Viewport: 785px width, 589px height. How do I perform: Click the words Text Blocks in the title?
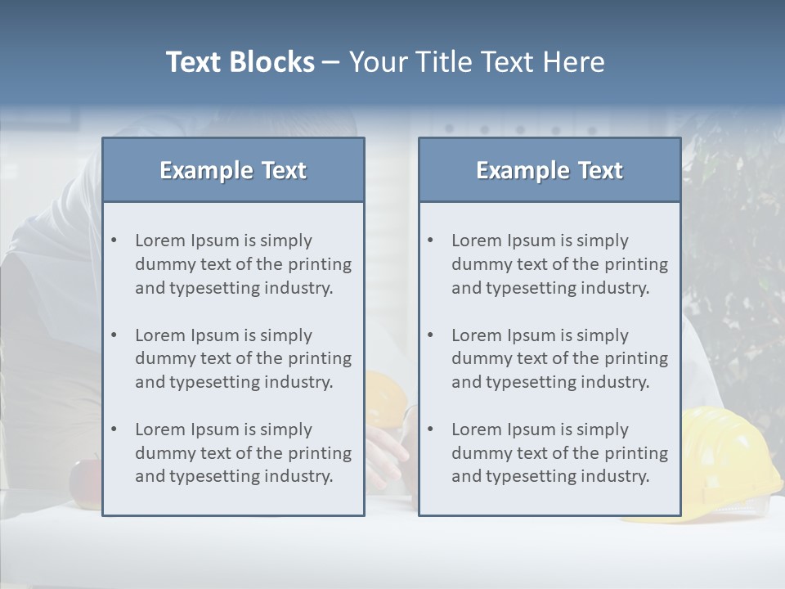(240, 62)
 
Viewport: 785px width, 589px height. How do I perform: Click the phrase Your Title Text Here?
(477, 62)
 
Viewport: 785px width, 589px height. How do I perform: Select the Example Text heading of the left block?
(233, 170)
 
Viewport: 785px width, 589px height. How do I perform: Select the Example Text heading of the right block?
(549, 170)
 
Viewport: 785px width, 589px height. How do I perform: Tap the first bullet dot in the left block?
(114, 241)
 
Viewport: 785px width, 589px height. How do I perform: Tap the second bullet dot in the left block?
(114, 335)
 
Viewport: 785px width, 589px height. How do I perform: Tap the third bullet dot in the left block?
(114, 429)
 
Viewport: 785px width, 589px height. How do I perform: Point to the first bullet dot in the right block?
(431, 241)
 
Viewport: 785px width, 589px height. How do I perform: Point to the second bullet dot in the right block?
(431, 335)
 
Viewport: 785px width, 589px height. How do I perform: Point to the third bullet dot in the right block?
(431, 429)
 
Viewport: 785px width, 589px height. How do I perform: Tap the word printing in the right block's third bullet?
(637, 452)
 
